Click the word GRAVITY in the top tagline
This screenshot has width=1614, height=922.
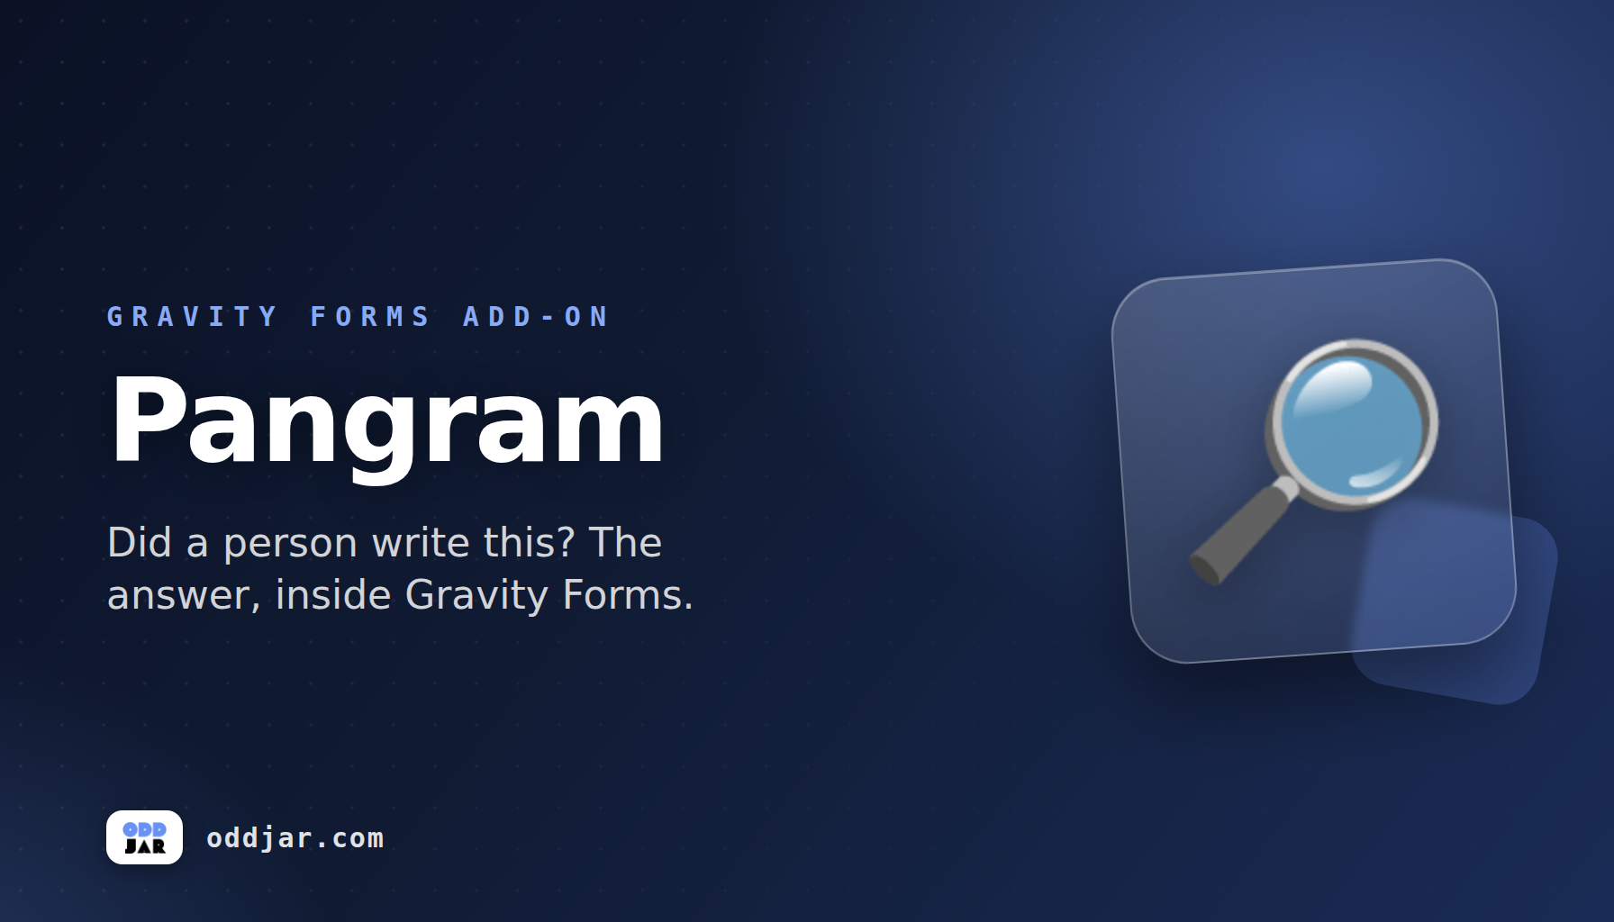(x=192, y=317)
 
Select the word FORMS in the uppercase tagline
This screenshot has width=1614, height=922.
(x=370, y=317)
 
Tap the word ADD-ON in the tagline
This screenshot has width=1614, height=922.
(x=536, y=317)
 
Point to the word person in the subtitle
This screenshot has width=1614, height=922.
(x=290, y=545)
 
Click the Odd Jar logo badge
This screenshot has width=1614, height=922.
(x=144, y=837)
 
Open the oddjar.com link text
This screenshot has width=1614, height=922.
(x=295, y=839)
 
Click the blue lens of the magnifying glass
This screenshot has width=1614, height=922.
(x=1352, y=423)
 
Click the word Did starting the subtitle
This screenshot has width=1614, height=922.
(x=140, y=542)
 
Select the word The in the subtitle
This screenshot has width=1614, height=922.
(x=626, y=542)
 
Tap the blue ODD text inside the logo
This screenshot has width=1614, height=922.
(x=144, y=829)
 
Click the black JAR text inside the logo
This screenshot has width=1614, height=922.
(x=145, y=846)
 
